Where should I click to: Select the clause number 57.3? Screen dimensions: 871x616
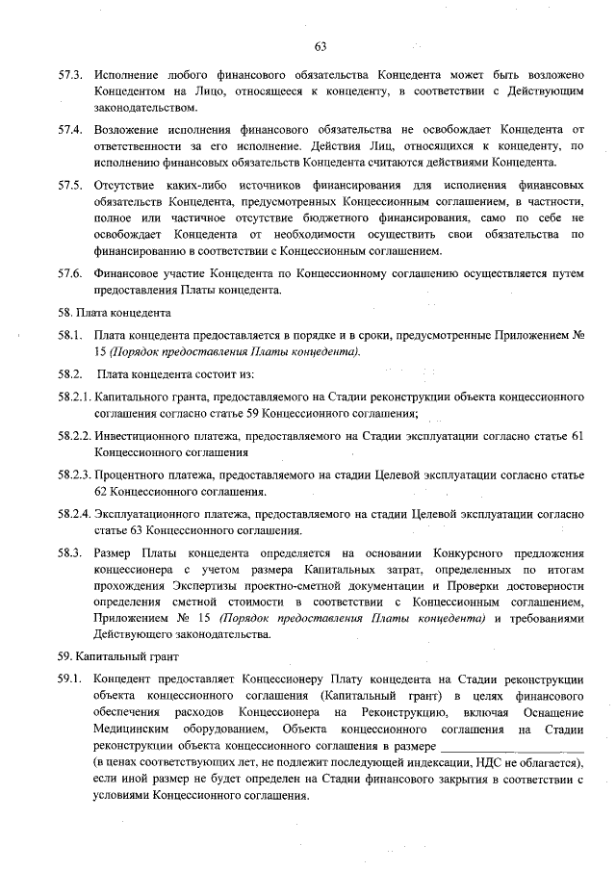(69, 74)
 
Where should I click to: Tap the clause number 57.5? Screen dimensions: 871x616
(69, 183)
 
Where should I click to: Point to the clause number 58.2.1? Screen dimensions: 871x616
(73, 397)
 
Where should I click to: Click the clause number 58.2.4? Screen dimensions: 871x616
(73, 514)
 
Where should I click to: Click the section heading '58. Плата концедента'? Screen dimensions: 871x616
(114, 313)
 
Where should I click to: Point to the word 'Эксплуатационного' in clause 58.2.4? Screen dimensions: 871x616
(149, 514)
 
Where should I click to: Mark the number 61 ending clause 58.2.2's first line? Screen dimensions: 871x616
(577, 436)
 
